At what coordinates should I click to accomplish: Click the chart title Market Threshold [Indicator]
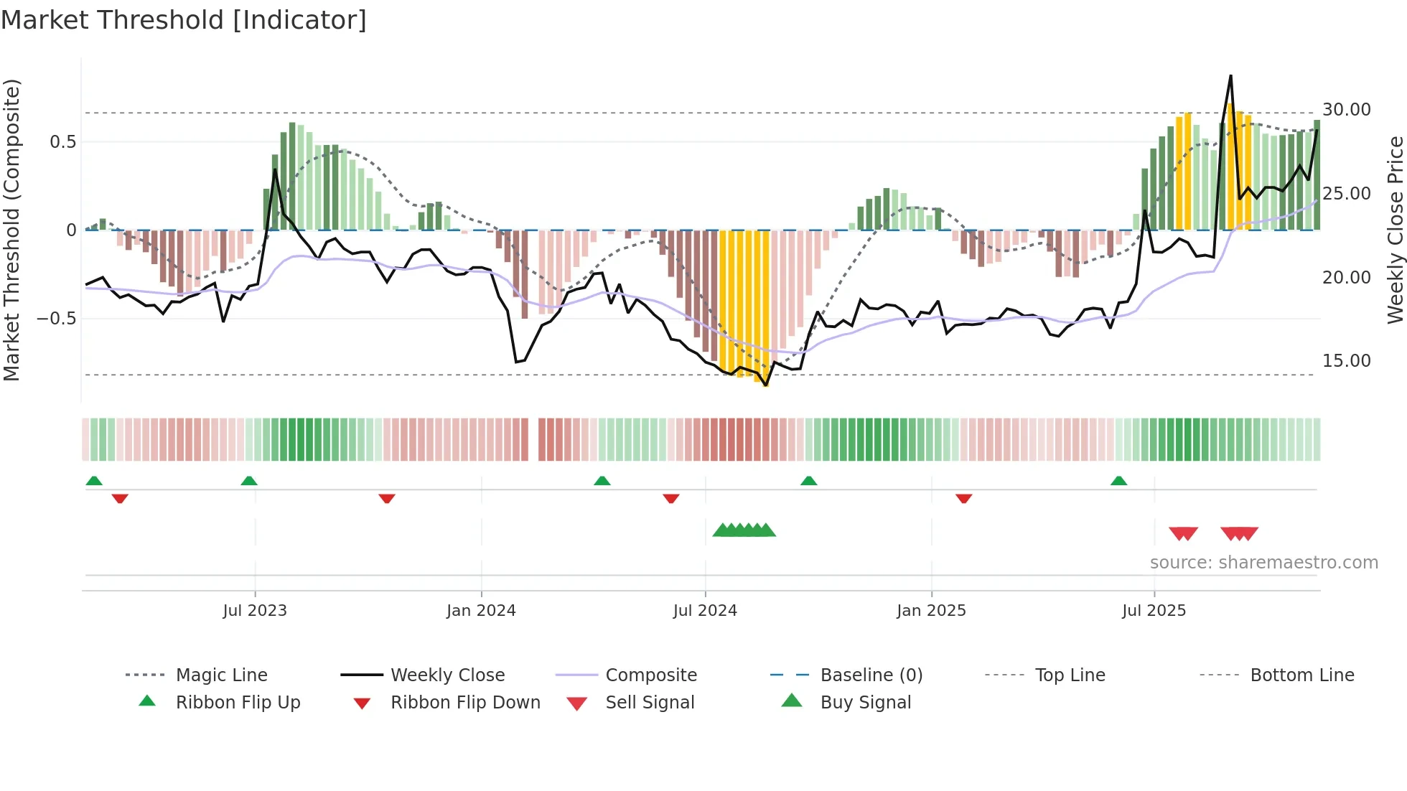tap(184, 20)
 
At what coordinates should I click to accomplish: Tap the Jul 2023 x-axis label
tap(255, 611)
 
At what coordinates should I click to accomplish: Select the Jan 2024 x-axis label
tap(481, 611)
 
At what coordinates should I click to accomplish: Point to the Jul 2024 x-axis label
tap(705, 611)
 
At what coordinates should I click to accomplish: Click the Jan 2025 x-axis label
tap(931, 611)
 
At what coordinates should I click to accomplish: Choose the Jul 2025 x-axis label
tap(1154, 611)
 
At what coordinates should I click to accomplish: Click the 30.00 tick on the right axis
tap(1346, 110)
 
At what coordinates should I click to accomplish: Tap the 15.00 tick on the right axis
tap(1346, 361)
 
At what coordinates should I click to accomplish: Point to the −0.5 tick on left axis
tap(56, 318)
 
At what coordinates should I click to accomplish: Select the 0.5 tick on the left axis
tap(62, 142)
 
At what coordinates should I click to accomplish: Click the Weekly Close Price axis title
tap(1395, 230)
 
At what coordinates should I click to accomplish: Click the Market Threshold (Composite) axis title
tap(11, 230)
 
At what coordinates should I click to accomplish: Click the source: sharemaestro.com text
tap(1263, 563)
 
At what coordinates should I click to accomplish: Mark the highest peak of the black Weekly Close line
tap(1230, 75)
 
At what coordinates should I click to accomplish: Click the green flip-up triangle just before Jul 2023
tap(249, 481)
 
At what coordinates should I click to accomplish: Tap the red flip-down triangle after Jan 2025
tap(963, 498)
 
